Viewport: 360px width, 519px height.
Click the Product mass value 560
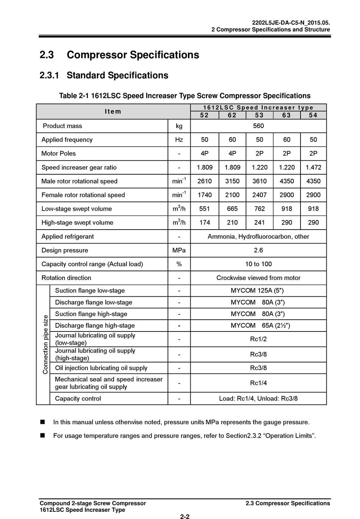258,126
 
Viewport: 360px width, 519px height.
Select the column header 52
204,115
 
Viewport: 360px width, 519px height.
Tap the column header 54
313,115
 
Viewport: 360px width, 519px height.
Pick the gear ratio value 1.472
313,167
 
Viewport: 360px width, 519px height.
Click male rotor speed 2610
204,181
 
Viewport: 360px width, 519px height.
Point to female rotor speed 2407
259,195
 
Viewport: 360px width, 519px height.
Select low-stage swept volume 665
232,209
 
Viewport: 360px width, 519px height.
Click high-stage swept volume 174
204,222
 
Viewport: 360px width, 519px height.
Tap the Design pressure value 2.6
258,250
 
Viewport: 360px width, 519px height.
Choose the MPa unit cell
179,250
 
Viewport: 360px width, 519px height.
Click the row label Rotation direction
66,278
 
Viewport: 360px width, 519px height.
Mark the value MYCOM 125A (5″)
257,291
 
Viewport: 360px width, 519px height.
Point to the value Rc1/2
258,339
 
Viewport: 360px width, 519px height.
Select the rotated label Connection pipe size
45,344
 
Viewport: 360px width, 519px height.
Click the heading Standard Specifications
117,75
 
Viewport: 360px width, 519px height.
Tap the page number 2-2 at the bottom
185,516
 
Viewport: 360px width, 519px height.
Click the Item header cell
113,111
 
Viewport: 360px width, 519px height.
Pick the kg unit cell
179,126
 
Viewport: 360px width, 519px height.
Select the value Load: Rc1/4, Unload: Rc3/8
258,398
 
